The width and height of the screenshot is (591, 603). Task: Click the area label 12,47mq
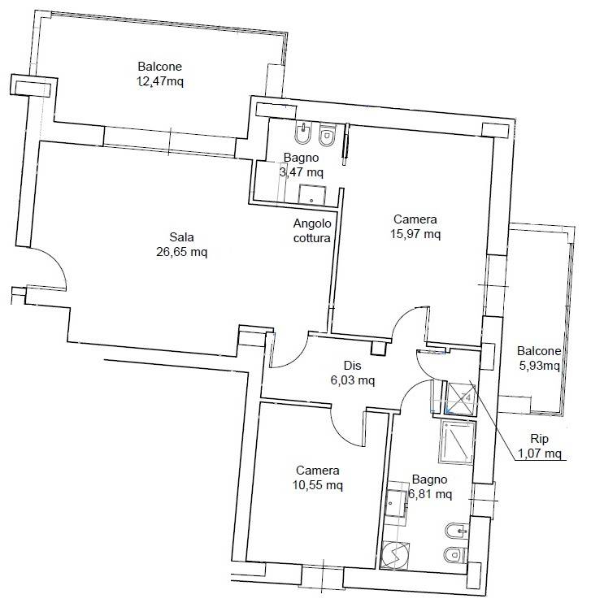click(160, 82)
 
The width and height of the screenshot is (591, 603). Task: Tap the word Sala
click(181, 237)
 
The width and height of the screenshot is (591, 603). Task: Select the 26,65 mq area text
click(181, 252)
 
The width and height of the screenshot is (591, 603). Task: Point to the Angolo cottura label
click(312, 230)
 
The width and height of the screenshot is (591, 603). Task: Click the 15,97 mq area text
click(415, 234)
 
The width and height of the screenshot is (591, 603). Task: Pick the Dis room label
click(353, 366)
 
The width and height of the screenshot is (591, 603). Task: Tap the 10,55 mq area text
click(318, 485)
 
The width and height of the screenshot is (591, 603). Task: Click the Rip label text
click(539, 439)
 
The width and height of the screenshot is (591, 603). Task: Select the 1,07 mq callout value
click(540, 453)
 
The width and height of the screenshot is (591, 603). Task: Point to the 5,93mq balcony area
click(540, 366)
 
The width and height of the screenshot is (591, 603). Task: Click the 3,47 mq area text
click(302, 172)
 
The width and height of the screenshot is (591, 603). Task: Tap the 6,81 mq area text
click(430, 494)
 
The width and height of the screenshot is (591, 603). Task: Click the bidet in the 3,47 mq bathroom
click(305, 133)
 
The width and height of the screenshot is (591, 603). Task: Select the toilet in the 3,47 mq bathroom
click(328, 136)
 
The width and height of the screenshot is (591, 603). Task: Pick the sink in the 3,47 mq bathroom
click(312, 196)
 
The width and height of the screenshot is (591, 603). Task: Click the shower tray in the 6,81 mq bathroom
click(456, 442)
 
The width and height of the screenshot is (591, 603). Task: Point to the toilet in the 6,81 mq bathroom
click(455, 555)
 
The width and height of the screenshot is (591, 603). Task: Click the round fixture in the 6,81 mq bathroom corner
click(395, 554)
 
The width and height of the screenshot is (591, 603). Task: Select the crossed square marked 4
click(461, 398)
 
